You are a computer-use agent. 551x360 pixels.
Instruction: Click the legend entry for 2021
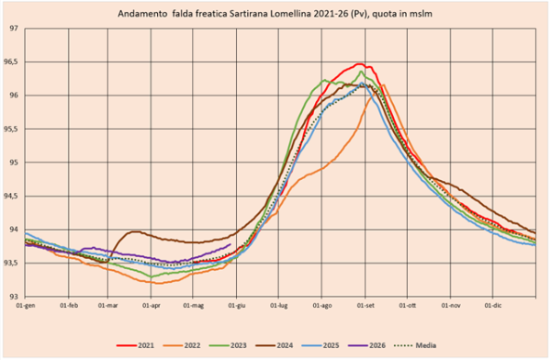point(135,345)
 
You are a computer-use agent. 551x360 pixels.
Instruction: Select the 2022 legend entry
point(182,345)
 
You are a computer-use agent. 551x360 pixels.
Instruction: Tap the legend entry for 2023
point(228,345)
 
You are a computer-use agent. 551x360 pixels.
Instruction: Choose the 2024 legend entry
point(274,345)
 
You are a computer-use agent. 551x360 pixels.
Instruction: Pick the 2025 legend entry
point(320,345)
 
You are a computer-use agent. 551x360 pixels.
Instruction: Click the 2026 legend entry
point(366,345)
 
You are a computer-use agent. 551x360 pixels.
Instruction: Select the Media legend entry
point(415,345)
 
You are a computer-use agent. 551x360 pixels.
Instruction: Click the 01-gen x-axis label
point(26,306)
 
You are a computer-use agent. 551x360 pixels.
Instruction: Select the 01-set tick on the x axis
point(365,306)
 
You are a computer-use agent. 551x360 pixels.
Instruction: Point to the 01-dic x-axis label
point(493,306)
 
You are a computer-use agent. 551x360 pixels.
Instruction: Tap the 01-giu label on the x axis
point(237,306)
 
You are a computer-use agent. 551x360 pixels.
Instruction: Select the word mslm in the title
point(422,14)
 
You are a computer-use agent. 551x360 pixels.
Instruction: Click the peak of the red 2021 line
point(359,64)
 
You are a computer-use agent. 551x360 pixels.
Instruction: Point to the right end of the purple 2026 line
point(231,244)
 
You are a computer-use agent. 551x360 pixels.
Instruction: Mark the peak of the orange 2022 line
point(383,84)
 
